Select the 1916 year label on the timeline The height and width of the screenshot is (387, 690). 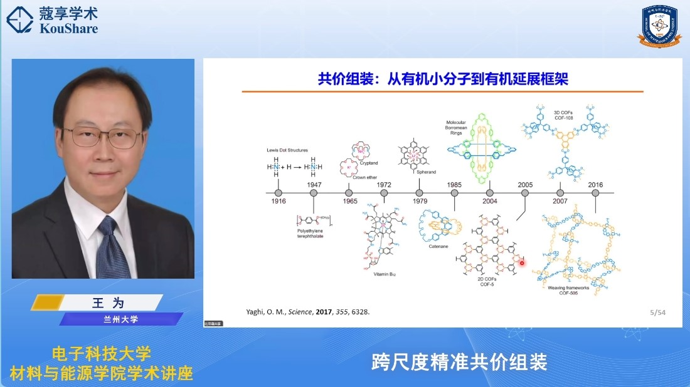coord(279,201)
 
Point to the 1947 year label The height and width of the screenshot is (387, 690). coord(314,185)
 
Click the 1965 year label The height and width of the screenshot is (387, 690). coord(349,201)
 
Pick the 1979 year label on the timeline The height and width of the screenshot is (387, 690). coord(419,201)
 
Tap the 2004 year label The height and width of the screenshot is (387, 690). coord(489,201)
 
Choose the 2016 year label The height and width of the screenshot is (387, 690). coord(595,185)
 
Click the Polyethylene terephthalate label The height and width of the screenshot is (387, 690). coord(314,233)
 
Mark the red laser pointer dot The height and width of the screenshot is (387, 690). coord(522,263)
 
